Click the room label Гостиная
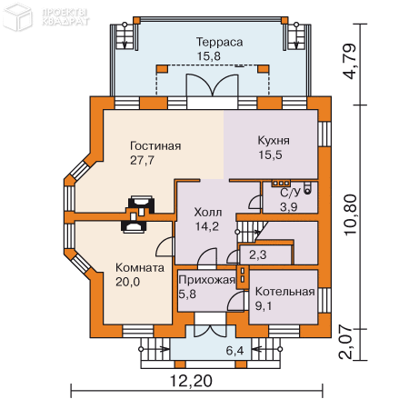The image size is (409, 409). [x=155, y=145]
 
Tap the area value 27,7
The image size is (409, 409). [x=143, y=160]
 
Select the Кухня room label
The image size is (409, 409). [x=274, y=141]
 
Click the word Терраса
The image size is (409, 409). [x=219, y=42]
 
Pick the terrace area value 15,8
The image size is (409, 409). [x=209, y=56]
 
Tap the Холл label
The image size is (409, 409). [x=208, y=212]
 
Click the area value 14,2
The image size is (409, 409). [x=208, y=227]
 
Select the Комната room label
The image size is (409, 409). [x=140, y=268]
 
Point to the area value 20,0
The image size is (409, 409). [x=128, y=283]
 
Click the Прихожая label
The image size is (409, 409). [x=206, y=280]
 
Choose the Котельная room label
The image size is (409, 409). [x=284, y=292]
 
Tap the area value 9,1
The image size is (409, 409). [x=264, y=306]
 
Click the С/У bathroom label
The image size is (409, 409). [x=290, y=193]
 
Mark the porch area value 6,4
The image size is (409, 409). [x=236, y=350]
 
